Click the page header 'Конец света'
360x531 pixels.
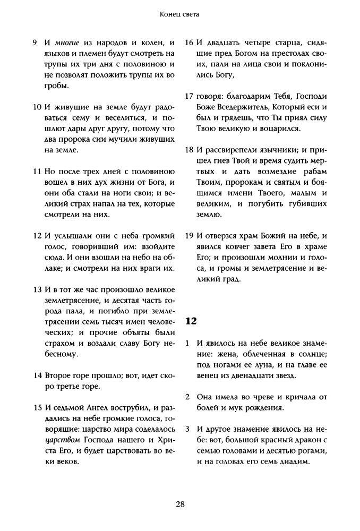click(x=179, y=15)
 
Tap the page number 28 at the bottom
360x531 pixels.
click(x=180, y=504)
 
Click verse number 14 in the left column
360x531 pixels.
click(x=37, y=376)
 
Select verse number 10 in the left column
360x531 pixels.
click(x=37, y=107)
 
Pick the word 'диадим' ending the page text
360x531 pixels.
click(x=295, y=461)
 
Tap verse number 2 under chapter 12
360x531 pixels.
click(x=188, y=397)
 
